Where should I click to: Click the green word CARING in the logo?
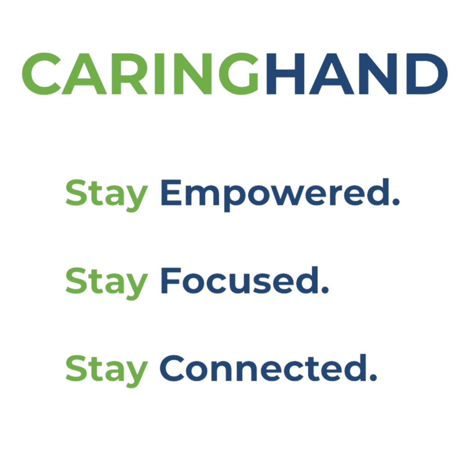(140, 74)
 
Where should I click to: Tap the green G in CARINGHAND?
(238, 74)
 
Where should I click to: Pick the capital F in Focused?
(171, 280)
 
